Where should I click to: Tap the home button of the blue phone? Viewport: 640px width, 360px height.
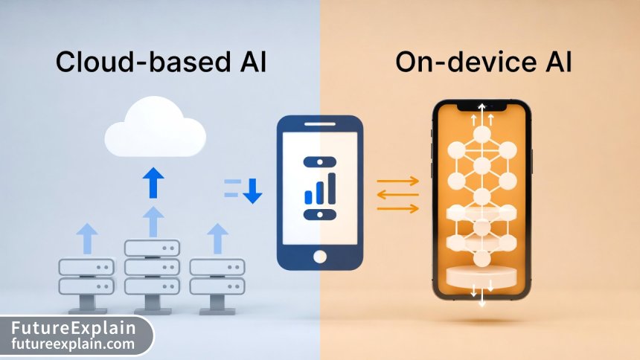tap(320, 256)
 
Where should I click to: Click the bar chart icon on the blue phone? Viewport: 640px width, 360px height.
tap(320, 187)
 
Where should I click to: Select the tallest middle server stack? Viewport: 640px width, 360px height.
tap(153, 267)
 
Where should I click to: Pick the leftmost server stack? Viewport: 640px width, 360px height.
tap(86, 276)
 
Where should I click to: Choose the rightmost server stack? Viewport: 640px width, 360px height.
tap(217, 276)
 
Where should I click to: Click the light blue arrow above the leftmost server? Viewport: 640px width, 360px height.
tap(86, 239)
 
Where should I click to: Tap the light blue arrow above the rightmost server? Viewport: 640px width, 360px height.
tap(217, 239)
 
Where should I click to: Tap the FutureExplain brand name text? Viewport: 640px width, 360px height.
tap(74, 327)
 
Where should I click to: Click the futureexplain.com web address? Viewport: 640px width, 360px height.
tap(74, 344)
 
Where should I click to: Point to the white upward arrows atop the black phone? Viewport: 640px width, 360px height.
tap(481, 113)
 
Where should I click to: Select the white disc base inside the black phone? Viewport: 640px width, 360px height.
tap(481, 276)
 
